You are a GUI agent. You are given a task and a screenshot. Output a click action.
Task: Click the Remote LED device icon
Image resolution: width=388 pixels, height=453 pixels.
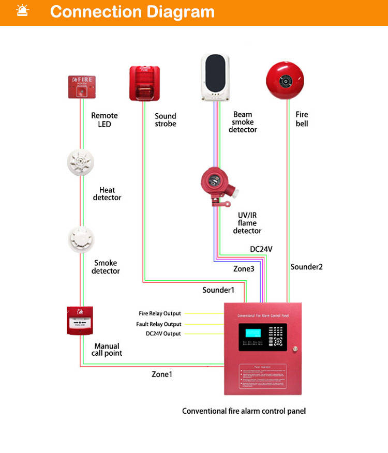[x=82, y=86]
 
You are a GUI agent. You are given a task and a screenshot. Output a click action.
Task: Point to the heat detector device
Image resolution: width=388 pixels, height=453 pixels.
[x=81, y=162]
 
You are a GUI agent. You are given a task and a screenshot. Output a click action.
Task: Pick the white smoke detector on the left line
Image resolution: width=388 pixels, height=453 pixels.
[x=81, y=238]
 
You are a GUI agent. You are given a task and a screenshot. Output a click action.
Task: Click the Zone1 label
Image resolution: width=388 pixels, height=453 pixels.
[x=161, y=374]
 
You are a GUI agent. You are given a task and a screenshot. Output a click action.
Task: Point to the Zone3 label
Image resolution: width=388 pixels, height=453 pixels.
[x=244, y=269]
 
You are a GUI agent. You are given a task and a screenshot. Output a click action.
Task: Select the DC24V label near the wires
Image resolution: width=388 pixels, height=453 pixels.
[x=261, y=249]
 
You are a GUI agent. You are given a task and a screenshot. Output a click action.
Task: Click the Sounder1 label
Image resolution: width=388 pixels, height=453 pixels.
[x=218, y=290]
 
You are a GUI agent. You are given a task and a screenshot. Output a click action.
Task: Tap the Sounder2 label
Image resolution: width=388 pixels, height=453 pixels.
[x=307, y=267]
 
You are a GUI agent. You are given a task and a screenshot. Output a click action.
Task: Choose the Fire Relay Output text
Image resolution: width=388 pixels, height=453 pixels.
[x=160, y=313]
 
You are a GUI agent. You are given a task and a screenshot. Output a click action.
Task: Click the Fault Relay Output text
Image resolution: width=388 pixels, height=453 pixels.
[x=159, y=324]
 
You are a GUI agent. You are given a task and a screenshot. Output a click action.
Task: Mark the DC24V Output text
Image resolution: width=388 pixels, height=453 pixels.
[x=163, y=334]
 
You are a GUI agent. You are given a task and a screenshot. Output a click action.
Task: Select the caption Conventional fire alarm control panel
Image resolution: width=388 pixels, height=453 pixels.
[x=244, y=411]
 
